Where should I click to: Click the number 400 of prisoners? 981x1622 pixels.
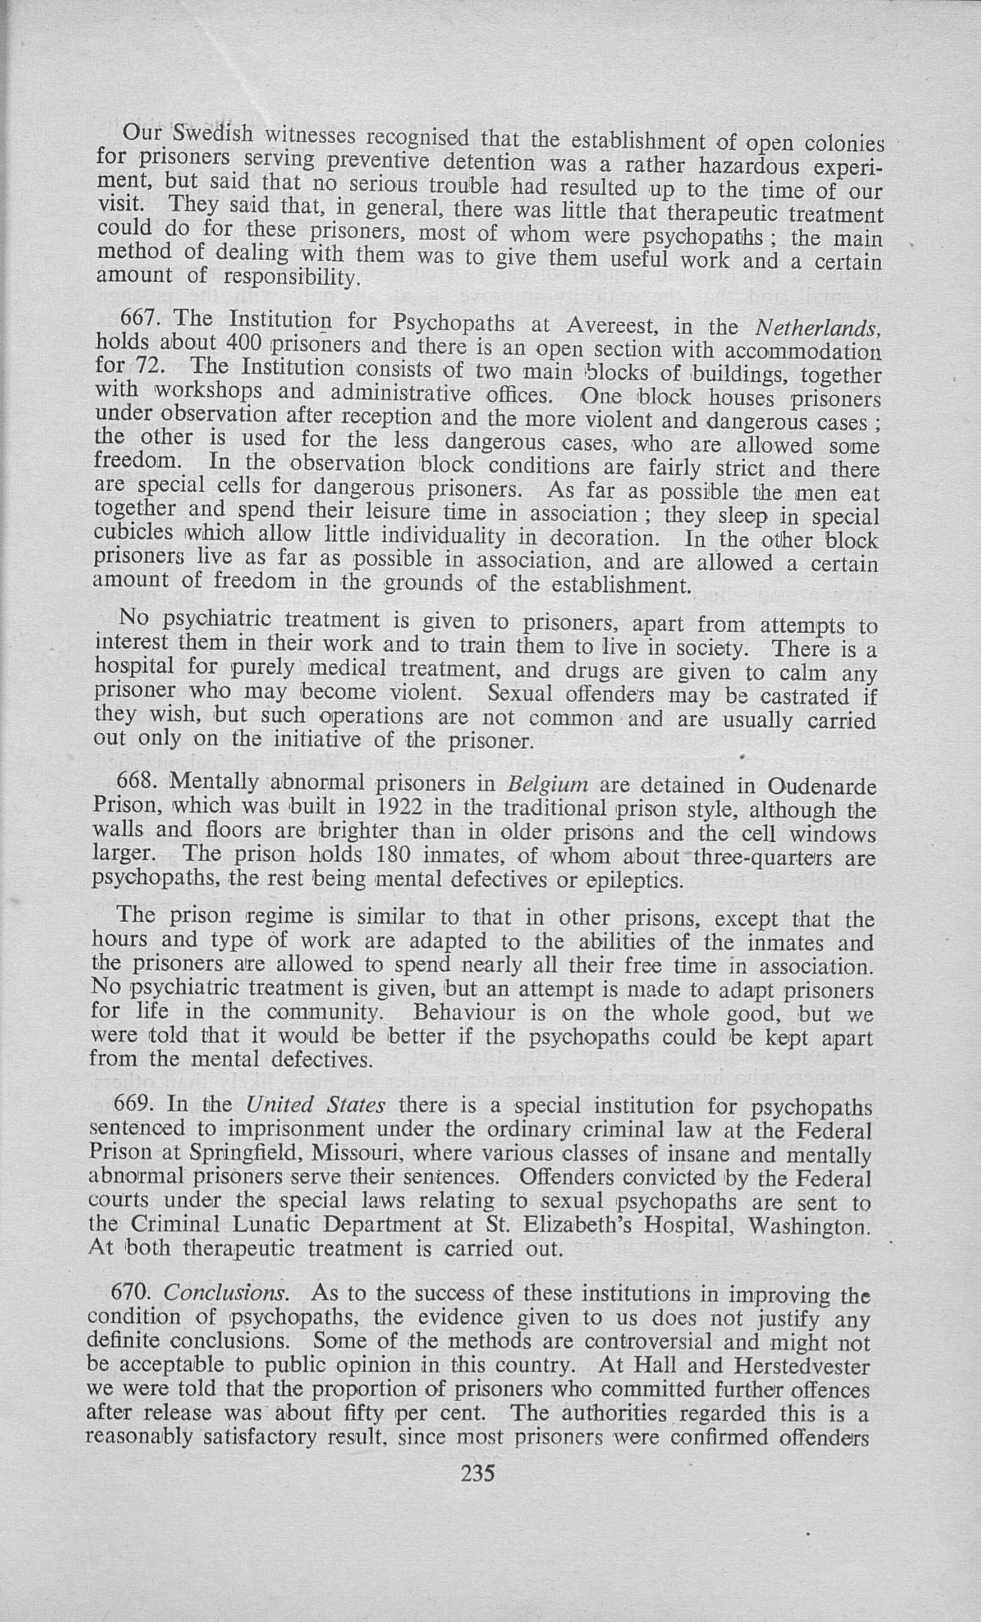coord(244,343)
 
